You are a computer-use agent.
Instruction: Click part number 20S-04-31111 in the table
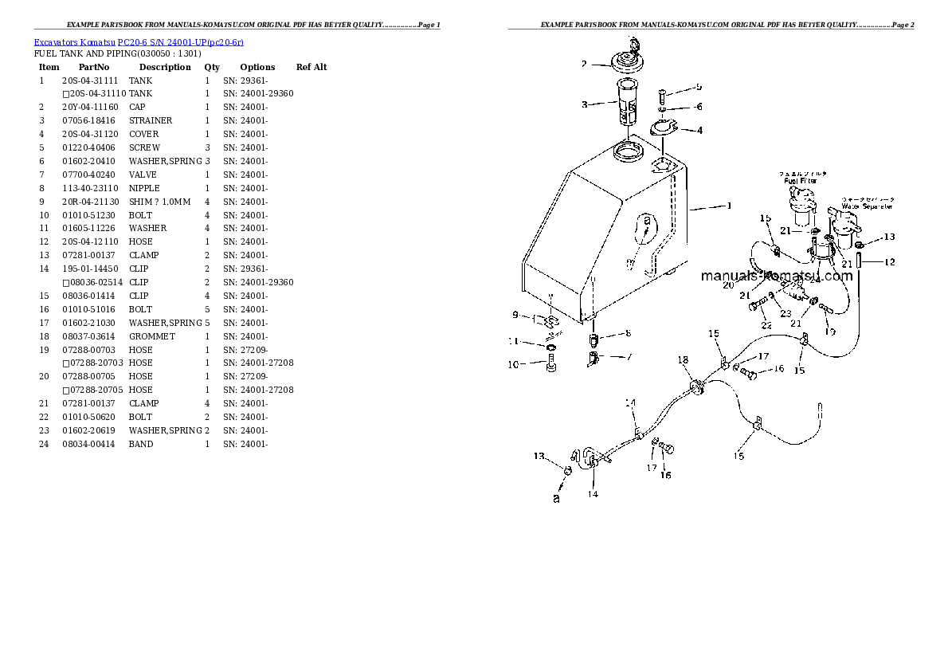89,80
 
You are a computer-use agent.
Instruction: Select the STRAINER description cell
150,121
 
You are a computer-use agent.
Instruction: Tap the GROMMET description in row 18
151,336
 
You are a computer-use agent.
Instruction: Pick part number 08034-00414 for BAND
89,444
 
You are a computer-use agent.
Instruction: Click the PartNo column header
93,68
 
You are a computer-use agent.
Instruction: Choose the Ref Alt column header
311,68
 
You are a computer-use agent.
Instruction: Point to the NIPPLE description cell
143,188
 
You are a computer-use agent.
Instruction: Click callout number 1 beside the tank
729,206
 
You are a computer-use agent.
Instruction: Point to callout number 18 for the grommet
683,361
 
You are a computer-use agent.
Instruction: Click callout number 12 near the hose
889,261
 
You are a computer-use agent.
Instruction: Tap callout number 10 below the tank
514,365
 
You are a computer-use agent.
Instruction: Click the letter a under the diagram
556,499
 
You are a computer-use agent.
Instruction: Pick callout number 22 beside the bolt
766,325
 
